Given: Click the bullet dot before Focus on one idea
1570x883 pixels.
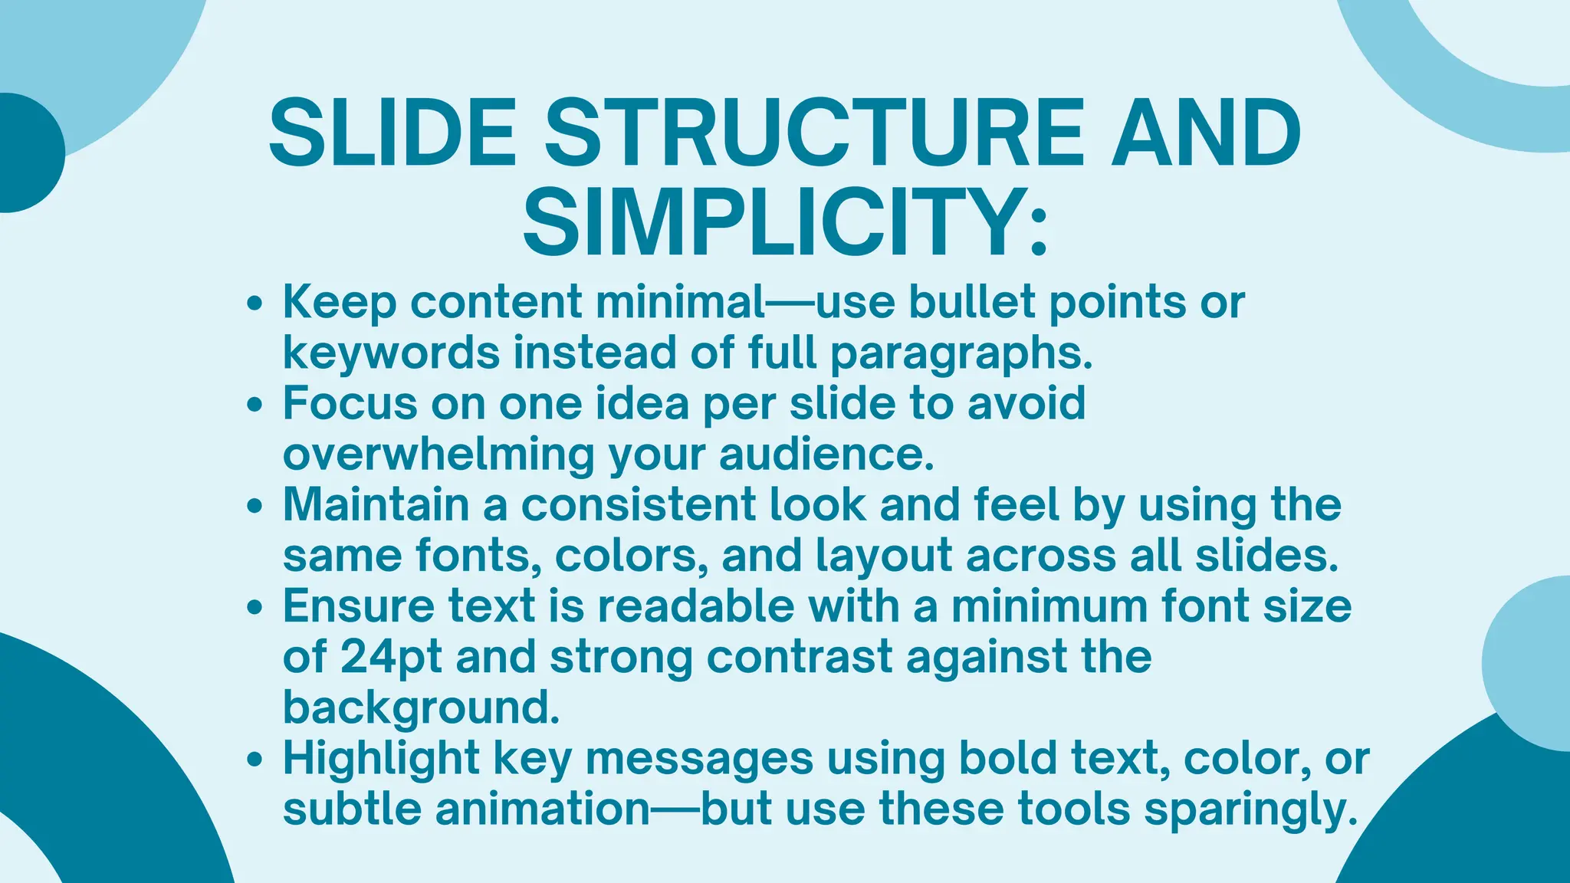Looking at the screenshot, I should (256, 405).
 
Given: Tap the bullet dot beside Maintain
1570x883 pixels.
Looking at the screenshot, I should (256, 507).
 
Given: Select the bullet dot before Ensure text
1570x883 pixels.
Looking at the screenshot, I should (256, 608).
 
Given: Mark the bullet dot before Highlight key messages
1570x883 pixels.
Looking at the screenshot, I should (256, 760).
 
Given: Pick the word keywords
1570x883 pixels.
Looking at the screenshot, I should (391, 353).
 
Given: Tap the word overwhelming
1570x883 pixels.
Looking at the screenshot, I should (438, 455).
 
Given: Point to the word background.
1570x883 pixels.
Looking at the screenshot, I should (421, 708).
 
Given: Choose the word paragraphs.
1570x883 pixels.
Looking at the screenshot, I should (961, 355).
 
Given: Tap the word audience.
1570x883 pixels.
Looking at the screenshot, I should (826, 455).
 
